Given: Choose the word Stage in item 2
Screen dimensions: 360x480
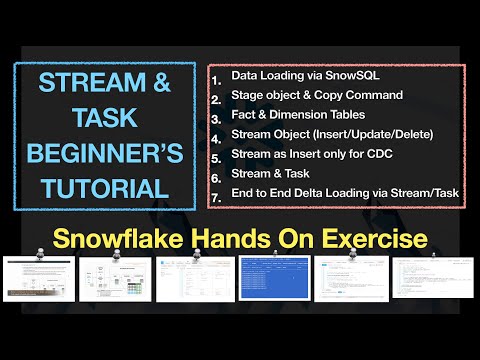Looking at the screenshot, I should coord(246,95).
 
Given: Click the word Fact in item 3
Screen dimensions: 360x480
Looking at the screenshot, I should coord(243,114).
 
